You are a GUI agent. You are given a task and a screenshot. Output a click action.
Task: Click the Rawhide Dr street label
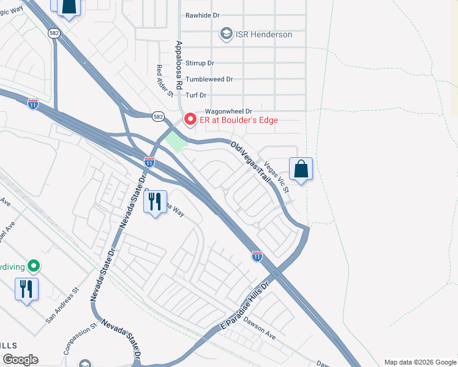tap(202, 15)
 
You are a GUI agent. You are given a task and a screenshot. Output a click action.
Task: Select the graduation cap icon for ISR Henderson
tap(227, 34)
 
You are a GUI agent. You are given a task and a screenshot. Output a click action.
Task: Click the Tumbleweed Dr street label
tap(209, 79)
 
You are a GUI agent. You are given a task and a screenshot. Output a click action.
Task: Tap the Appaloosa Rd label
tap(179, 66)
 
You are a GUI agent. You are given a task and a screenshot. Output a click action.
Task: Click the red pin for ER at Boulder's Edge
tap(190, 119)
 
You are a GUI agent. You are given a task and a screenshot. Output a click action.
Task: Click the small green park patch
tap(176, 142)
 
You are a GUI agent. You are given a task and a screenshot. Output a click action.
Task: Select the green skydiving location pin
tap(35, 265)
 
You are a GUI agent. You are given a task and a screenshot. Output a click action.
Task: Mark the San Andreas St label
tap(63, 305)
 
